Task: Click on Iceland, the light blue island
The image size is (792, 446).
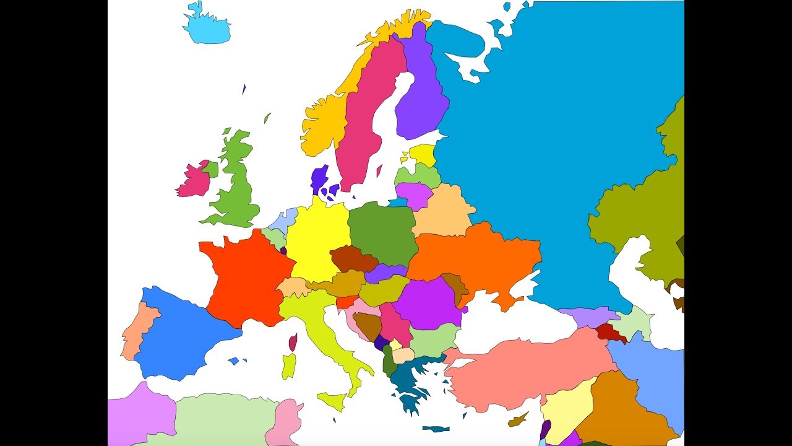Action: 207,28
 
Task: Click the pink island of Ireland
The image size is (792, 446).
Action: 194,180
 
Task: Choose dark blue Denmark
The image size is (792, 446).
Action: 319,180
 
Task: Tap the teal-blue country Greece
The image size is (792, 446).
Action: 408,378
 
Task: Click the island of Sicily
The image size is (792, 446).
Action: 333,400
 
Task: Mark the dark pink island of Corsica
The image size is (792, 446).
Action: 293,342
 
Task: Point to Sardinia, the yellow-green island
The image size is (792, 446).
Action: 289,366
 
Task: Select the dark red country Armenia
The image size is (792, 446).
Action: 609,333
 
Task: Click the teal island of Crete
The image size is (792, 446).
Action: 437,429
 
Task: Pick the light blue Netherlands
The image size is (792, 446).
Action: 284,221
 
